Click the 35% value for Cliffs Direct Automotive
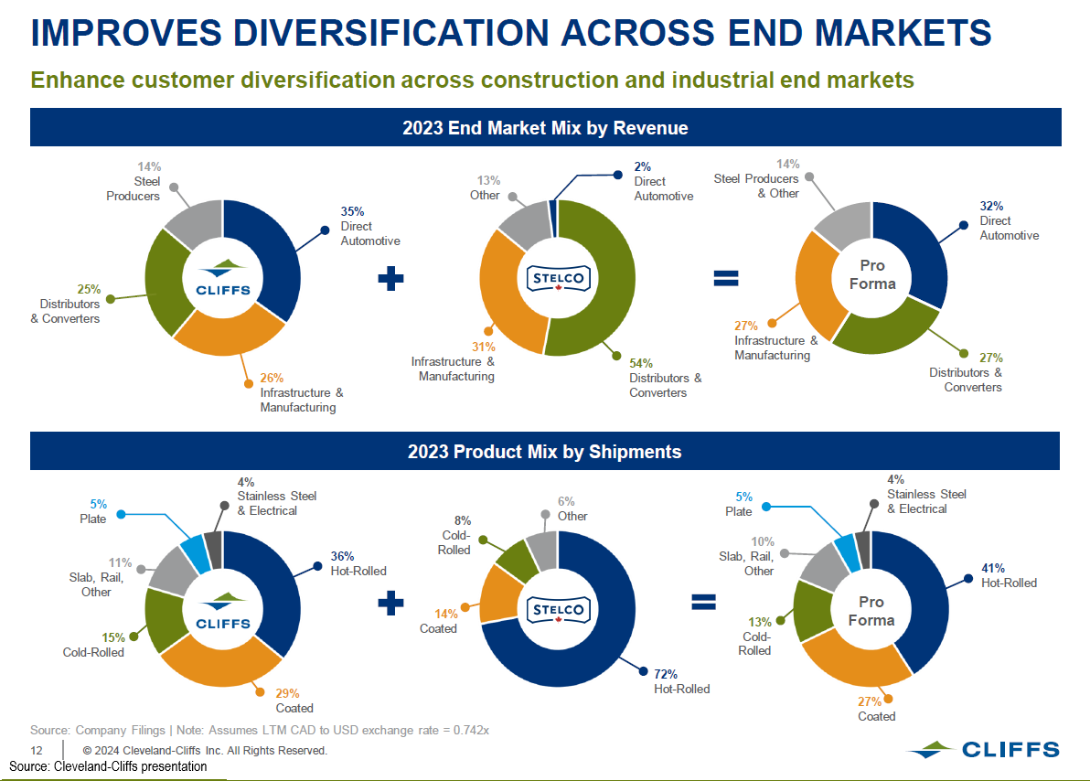point(353,211)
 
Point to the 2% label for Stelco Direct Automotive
point(643,167)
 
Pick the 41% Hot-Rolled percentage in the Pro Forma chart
point(993,568)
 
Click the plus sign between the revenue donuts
point(390,279)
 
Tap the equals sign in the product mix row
point(702,601)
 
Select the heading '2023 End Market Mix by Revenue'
point(545,128)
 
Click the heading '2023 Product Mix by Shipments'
point(545,452)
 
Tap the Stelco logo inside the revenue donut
point(559,278)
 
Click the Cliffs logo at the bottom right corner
point(984,750)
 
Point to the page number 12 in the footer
point(37,751)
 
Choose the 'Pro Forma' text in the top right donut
point(872,274)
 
